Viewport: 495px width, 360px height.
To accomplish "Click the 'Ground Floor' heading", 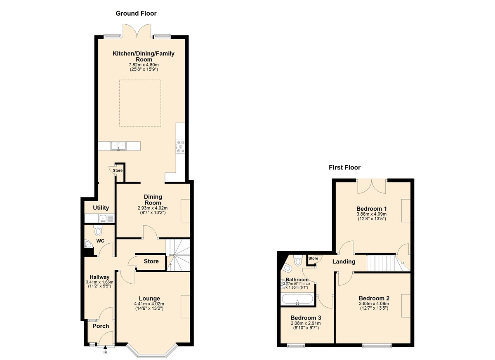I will [136, 14].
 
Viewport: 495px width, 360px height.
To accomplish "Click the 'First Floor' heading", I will [344, 167].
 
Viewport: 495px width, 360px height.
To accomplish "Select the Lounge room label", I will [149, 299].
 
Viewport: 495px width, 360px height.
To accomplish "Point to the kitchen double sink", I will [119, 146].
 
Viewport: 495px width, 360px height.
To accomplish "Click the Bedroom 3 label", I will [306, 318].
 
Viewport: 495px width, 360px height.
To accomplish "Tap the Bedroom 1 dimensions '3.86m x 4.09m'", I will [371, 214].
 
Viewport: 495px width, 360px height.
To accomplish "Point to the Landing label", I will [344, 261].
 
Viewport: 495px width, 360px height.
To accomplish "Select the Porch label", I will [101, 326].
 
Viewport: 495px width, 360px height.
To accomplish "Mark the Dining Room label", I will [153, 200].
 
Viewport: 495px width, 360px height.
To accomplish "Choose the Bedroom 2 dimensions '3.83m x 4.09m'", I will [374, 304].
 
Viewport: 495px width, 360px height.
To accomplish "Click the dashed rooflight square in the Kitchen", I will [140, 103].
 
